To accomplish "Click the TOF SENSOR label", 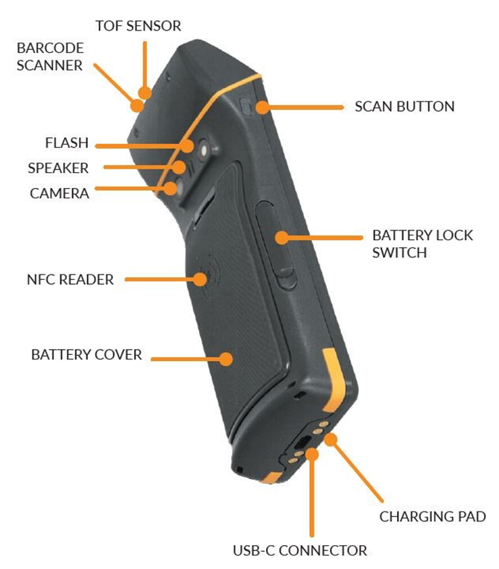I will pyautogui.click(x=138, y=26).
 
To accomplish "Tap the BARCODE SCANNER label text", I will pyautogui.click(x=50, y=57).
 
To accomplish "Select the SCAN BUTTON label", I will pyautogui.click(x=404, y=107).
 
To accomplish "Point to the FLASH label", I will pyautogui.click(x=67, y=143).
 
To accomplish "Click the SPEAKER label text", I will pyautogui.click(x=58, y=169).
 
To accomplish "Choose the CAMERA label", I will pyautogui.click(x=60, y=194).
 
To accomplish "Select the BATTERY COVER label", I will pyautogui.click(x=86, y=354).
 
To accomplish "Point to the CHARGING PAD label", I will pyautogui.click(x=432, y=516).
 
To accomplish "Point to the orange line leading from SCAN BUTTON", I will pyautogui.click(x=305, y=107).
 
